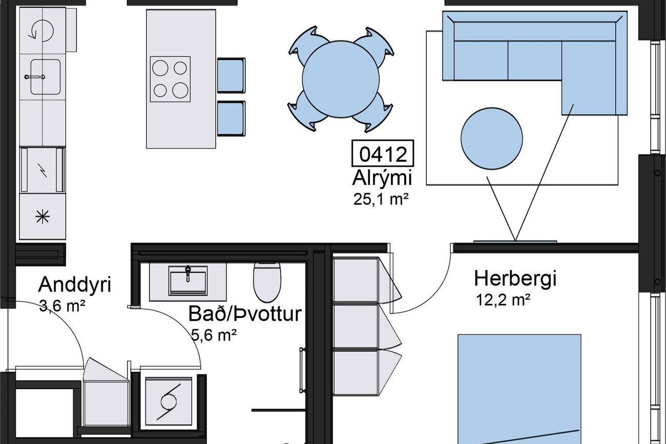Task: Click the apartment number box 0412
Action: click(x=383, y=153)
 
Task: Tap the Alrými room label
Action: click(x=382, y=179)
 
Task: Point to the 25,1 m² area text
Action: click(x=381, y=199)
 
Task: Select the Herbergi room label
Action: click(x=515, y=279)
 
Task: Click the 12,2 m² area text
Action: click(x=503, y=300)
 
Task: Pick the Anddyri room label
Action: click(x=74, y=284)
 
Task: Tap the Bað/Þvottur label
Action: click(x=245, y=314)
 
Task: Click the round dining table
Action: click(x=341, y=79)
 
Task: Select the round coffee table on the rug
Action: click(x=492, y=138)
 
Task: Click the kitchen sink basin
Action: click(x=46, y=77)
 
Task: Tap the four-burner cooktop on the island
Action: click(x=170, y=79)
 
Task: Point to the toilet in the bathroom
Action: click(x=267, y=282)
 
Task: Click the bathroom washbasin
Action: click(x=188, y=281)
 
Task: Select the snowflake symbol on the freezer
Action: click(x=43, y=217)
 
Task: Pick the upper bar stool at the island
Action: click(x=232, y=75)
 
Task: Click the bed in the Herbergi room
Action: click(x=519, y=389)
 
